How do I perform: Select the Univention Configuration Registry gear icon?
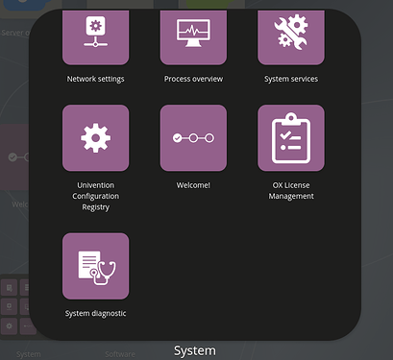(x=95, y=138)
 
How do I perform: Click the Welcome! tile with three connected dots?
(x=193, y=138)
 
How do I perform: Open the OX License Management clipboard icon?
(x=291, y=138)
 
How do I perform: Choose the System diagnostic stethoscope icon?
(x=95, y=266)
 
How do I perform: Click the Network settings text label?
(x=95, y=79)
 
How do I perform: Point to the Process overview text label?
(x=193, y=79)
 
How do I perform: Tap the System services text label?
(x=291, y=79)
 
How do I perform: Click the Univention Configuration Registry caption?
(x=95, y=195)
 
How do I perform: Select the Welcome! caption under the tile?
(x=193, y=184)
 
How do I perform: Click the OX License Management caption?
(x=291, y=190)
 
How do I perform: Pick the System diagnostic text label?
(x=95, y=313)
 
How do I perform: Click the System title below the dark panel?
(x=194, y=350)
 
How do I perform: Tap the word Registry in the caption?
(x=95, y=206)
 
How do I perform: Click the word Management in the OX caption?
(x=291, y=196)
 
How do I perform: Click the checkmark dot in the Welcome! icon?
(x=177, y=138)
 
